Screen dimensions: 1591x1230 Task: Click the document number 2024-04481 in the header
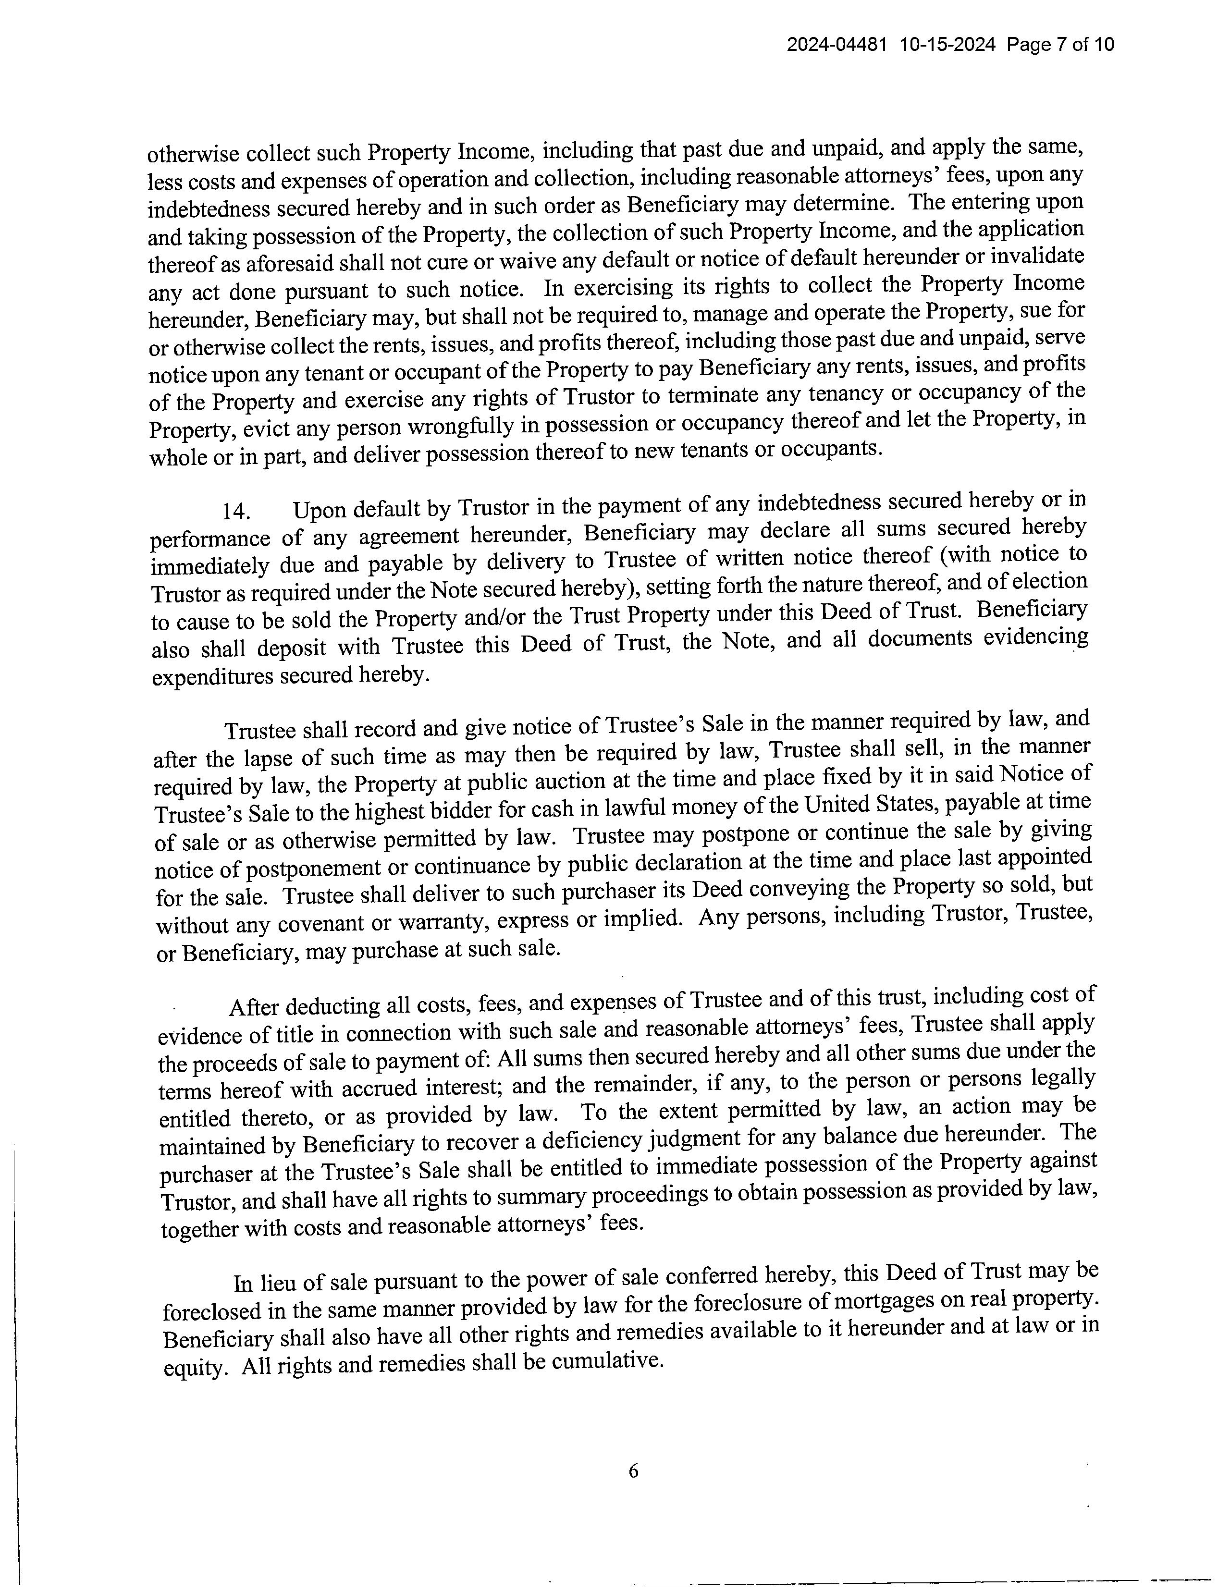pyautogui.click(x=836, y=45)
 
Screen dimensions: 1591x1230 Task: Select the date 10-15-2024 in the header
pyautogui.click(x=947, y=45)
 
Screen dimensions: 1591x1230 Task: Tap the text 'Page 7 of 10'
pyautogui.click(x=1061, y=45)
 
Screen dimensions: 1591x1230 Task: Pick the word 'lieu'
pyautogui.click(x=281, y=1282)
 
